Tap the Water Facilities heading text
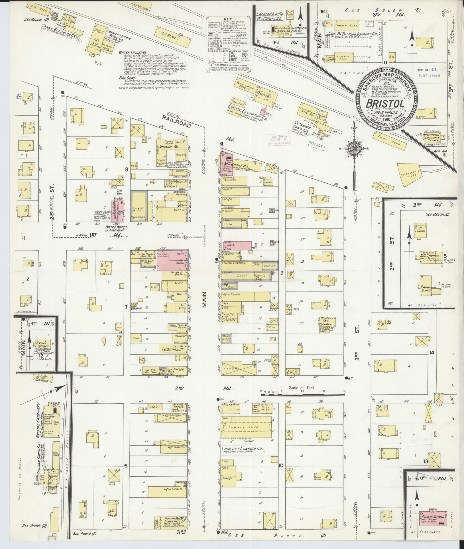click(133, 52)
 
